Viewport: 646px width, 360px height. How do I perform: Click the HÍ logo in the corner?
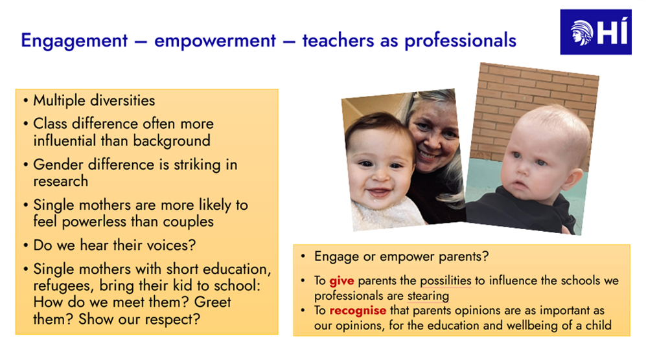click(x=595, y=32)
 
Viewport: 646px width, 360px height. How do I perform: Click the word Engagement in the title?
click(x=75, y=41)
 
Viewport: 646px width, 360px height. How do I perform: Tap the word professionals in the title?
click(x=460, y=41)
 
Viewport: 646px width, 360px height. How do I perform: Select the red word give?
click(x=341, y=280)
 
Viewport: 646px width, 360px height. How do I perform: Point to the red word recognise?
click(x=358, y=310)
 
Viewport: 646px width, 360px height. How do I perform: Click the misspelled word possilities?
click(x=445, y=280)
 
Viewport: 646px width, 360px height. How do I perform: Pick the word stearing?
click(x=428, y=296)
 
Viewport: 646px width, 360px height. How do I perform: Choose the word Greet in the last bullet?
click(x=213, y=302)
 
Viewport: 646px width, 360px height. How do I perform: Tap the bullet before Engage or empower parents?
click(x=303, y=256)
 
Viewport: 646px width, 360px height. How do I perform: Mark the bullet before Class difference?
click(x=25, y=124)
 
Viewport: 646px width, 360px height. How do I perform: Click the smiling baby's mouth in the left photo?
click(x=378, y=192)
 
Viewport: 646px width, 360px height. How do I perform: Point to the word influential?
click(x=65, y=141)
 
